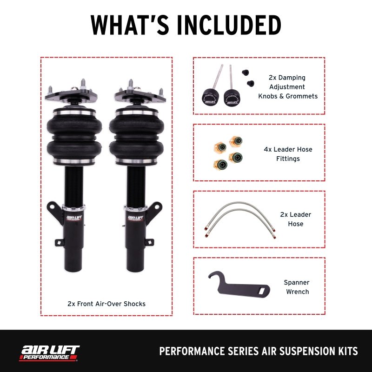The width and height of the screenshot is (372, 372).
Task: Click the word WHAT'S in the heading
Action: click(123, 25)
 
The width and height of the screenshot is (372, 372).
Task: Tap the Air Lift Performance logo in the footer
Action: click(49, 352)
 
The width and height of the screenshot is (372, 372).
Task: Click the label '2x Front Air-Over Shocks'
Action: click(106, 304)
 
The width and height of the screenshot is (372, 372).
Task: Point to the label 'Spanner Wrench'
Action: click(296, 287)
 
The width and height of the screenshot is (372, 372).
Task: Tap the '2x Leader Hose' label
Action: click(295, 219)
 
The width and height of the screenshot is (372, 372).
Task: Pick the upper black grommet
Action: click(244, 73)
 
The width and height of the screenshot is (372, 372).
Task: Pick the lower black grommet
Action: click(251, 83)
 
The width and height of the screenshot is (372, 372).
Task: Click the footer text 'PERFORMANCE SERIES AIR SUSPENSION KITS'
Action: click(259, 351)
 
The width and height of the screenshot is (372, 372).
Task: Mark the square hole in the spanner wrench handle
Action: click(264, 291)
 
